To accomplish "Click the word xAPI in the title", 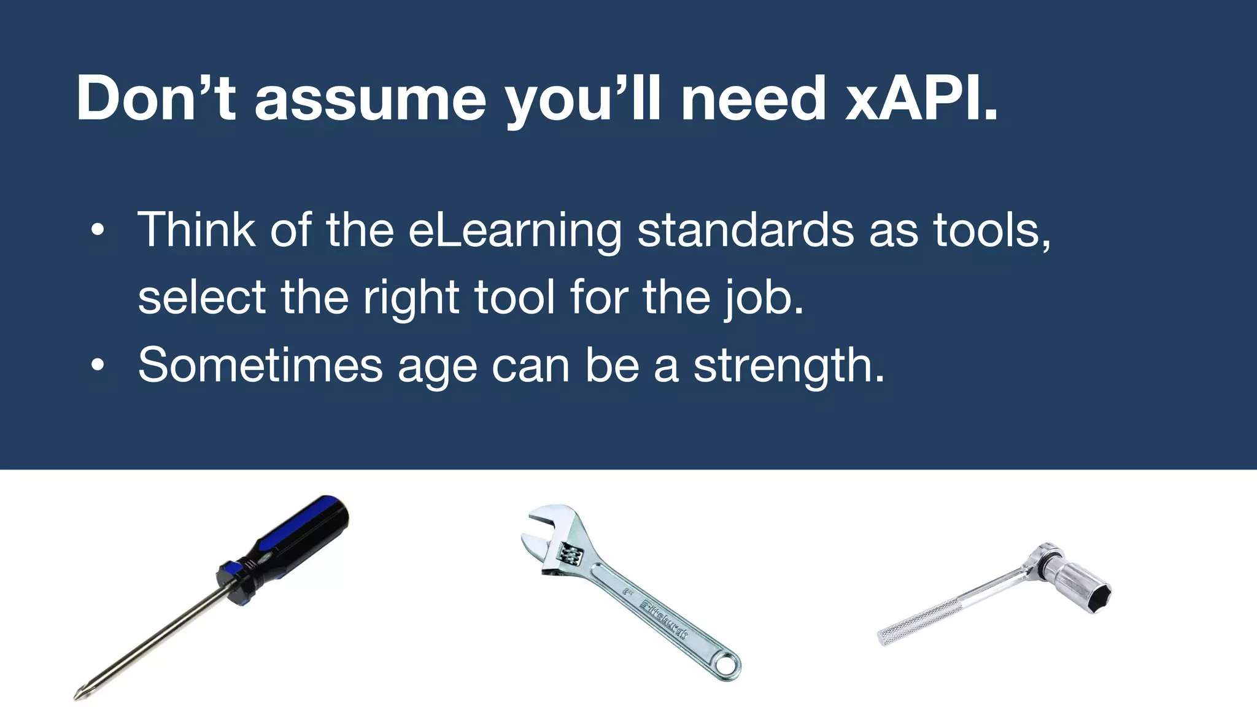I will point(921,98).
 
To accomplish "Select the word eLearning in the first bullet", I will point(515,230).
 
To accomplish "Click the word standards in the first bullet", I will point(745,230).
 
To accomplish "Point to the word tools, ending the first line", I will point(992,230).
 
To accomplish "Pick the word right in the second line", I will point(411,298).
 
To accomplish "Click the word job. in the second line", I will point(763,298).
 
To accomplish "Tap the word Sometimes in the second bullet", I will point(260,365).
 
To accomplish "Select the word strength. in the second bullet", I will point(789,365).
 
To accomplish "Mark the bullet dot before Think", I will point(97,231).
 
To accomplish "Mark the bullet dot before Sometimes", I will point(97,366).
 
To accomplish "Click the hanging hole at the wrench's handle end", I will point(729,665).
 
